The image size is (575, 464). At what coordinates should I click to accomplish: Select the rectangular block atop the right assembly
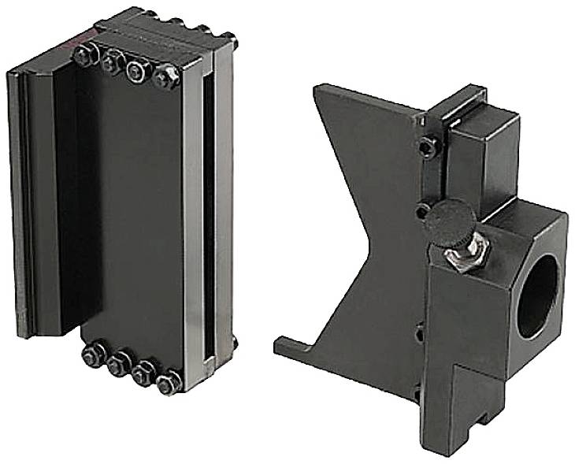tap(480, 153)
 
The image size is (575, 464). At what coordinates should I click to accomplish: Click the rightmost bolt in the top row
tap(166, 77)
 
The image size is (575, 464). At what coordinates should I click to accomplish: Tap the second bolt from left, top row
tap(111, 61)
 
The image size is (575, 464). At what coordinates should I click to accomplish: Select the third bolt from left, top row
tap(137, 69)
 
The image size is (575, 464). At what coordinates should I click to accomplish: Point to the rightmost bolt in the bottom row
tap(168, 383)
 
